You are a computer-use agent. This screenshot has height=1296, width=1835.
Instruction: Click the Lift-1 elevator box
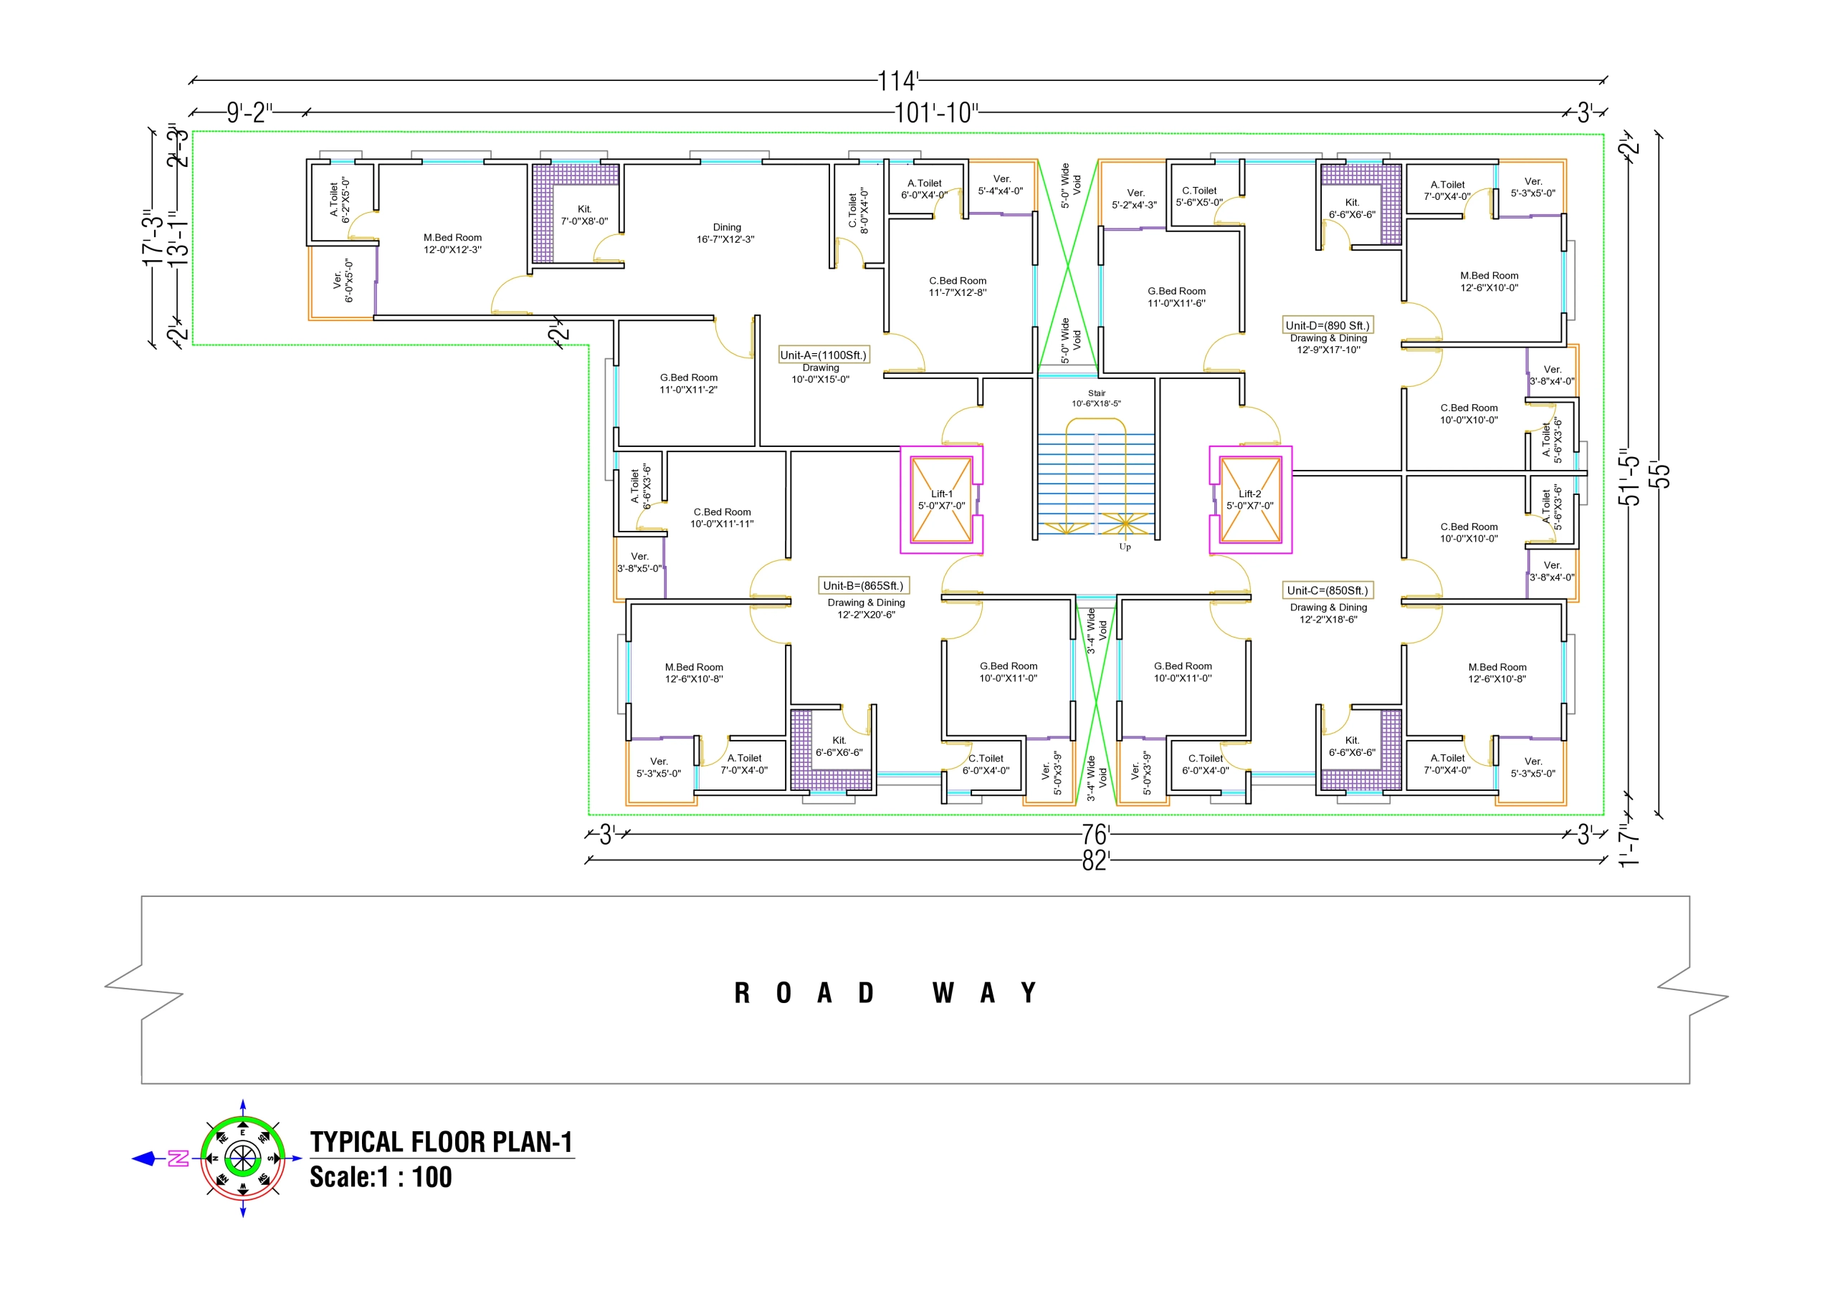click(940, 499)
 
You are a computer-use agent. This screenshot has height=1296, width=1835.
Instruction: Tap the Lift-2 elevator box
click(1250, 499)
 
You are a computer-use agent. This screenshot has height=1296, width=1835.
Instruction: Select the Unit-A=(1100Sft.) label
click(823, 355)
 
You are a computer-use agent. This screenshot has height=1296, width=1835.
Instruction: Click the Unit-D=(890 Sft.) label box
click(1328, 325)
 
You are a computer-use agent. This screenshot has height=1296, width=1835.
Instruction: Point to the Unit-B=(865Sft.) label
click(863, 586)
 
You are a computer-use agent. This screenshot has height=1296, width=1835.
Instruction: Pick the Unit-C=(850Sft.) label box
click(1328, 590)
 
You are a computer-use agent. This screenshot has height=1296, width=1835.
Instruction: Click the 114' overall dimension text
click(897, 81)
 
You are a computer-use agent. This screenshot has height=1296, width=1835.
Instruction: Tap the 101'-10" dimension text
click(935, 112)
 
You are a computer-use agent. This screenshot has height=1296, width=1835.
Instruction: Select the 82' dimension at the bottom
click(1095, 860)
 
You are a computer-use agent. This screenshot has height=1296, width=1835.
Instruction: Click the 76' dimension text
click(1095, 835)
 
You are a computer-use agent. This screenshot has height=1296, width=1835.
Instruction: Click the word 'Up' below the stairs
click(1125, 547)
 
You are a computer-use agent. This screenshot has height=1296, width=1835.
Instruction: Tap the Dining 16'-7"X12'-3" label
click(725, 234)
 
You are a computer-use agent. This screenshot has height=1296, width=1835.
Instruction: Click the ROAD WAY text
click(885, 993)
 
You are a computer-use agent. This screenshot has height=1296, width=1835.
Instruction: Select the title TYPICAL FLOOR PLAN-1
click(441, 1142)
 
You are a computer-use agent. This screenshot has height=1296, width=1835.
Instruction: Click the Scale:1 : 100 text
click(381, 1178)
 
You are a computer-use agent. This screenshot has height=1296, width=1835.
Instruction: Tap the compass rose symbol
click(242, 1158)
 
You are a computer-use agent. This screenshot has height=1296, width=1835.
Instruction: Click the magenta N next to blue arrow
click(178, 1158)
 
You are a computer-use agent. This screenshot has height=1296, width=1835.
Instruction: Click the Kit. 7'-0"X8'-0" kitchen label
click(584, 215)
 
